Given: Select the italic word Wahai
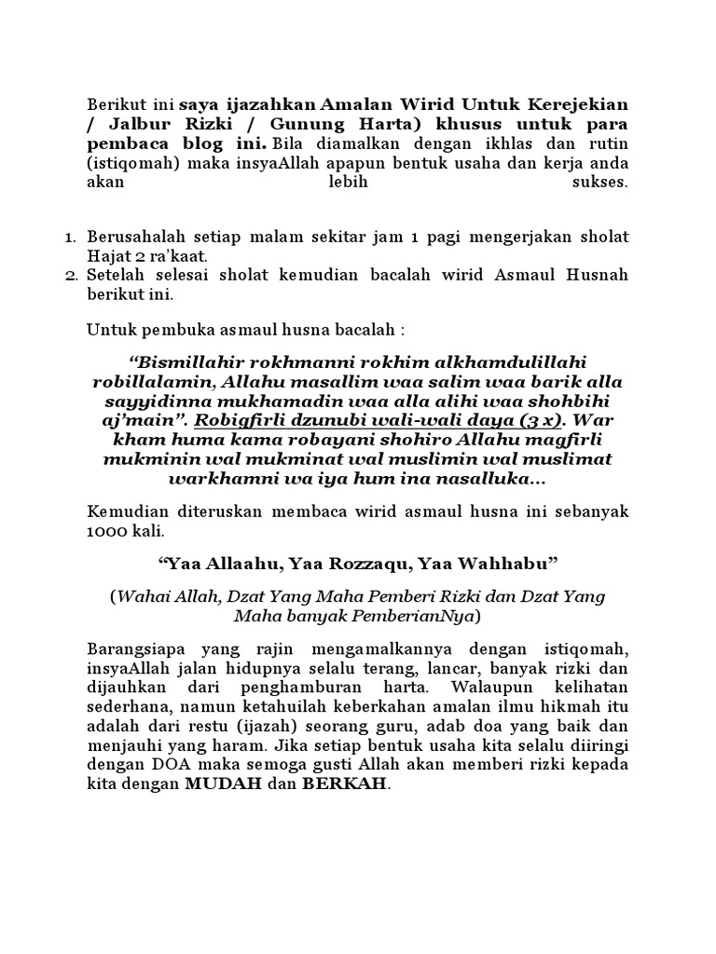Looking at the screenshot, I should pyautogui.click(x=143, y=596).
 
